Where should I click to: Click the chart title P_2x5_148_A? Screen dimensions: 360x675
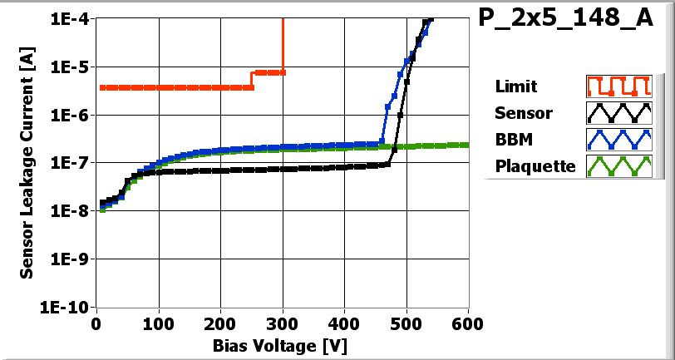tap(566, 19)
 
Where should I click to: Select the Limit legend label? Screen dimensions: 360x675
tap(515, 86)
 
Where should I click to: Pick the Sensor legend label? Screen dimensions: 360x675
tap(523, 113)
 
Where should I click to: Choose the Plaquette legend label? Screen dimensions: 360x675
tap(535, 165)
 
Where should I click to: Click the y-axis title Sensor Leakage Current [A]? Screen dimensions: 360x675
tap(27, 162)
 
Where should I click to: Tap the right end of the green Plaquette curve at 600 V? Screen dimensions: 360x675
tap(467, 145)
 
